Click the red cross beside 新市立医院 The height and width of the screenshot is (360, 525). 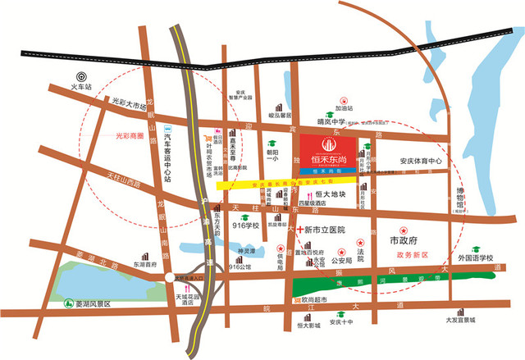point(299,228)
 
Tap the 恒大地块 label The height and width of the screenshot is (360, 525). point(332,195)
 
